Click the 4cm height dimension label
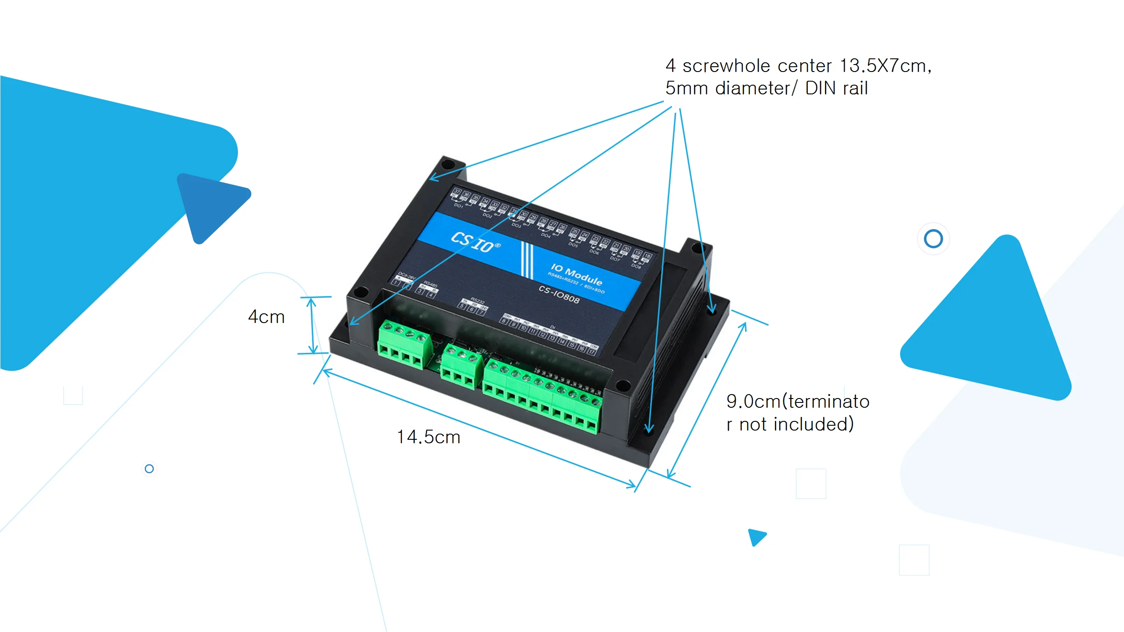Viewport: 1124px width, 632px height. point(267,317)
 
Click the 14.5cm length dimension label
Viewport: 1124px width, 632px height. point(429,437)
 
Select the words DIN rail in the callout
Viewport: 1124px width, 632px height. point(836,89)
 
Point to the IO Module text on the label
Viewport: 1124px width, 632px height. point(576,274)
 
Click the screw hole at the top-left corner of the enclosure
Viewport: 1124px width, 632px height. point(447,165)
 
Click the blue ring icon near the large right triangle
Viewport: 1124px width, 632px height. point(933,239)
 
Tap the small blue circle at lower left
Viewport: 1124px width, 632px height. point(149,469)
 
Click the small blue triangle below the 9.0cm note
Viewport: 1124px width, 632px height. point(757,537)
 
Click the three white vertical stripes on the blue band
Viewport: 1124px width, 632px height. point(526,260)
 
